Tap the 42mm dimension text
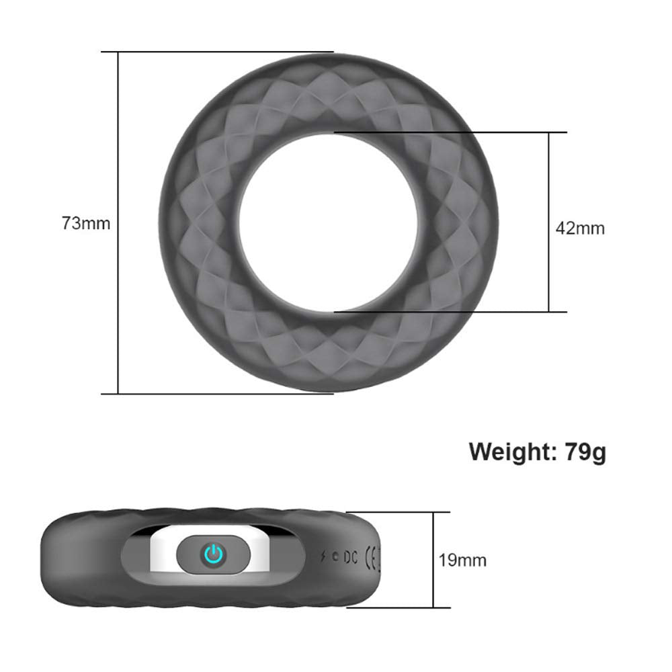580,228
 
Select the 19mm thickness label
462,560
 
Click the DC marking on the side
350,556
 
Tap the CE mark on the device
370,556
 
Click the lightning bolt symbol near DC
325,556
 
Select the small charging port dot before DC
336,556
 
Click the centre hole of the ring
329,222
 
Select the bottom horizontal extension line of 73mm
222,393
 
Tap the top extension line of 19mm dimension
403,512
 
